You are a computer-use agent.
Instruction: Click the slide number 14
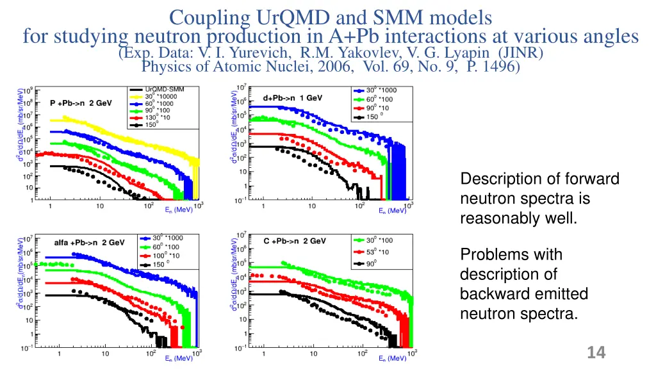pyautogui.click(x=596, y=352)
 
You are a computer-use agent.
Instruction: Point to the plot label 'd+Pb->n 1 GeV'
pyautogui.click(x=293, y=98)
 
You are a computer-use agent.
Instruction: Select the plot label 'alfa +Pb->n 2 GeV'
pyautogui.click(x=88, y=243)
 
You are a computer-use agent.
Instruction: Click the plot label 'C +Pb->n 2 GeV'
pyautogui.click(x=295, y=242)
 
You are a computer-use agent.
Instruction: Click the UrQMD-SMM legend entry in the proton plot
pyautogui.click(x=160, y=89)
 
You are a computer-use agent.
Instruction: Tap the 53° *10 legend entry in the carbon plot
pyautogui.click(x=373, y=252)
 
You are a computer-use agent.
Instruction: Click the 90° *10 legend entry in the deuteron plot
pyautogui.click(x=373, y=108)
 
